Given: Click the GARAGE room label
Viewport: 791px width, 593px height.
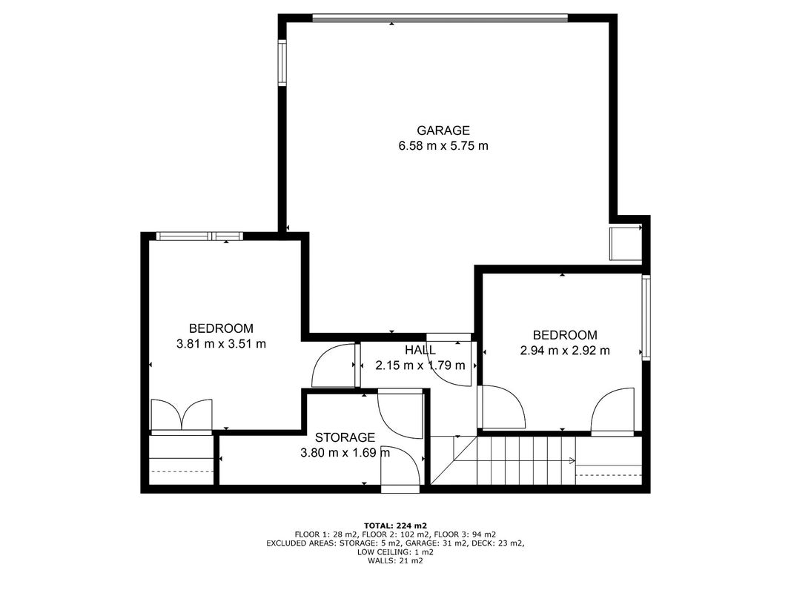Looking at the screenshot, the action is pyautogui.click(x=443, y=130).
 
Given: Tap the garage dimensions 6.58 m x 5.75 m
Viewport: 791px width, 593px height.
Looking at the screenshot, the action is pyautogui.click(x=443, y=146).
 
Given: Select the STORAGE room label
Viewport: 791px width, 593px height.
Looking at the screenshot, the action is pyautogui.click(x=345, y=437).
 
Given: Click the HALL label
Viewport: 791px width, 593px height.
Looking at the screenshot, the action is pyautogui.click(x=420, y=349).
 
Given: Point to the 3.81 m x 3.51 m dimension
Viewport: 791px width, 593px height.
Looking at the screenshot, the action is pyautogui.click(x=221, y=344).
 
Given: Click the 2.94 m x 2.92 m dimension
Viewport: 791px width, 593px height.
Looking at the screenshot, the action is pyautogui.click(x=565, y=351).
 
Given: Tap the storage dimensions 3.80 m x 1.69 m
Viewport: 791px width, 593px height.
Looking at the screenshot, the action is pyautogui.click(x=345, y=453).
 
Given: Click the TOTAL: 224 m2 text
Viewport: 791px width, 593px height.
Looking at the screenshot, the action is pyautogui.click(x=396, y=526).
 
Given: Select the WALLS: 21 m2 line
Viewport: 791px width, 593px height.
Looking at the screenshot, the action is pyautogui.click(x=396, y=560).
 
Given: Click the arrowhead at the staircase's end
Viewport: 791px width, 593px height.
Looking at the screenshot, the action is pyautogui.click(x=573, y=460).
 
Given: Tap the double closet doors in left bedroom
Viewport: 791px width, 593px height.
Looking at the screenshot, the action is pyautogui.click(x=182, y=417).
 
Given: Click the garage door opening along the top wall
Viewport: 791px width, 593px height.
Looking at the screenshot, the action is pyautogui.click(x=440, y=19).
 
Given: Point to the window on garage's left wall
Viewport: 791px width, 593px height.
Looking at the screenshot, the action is pyautogui.click(x=282, y=62).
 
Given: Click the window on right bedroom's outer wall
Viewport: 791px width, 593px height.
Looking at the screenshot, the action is pyautogui.click(x=646, y=317).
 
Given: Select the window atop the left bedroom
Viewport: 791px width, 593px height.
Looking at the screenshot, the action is pyautogui.click(x=199, y=236).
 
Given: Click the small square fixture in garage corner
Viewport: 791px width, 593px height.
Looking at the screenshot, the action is pyautogui.click(x=626, y=244).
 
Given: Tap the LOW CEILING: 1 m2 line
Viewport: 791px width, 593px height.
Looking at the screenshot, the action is pyautogui.click(x=396, y=551).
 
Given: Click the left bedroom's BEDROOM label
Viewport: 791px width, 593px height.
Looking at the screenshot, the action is pyautogui.click(x=221, y=329).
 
